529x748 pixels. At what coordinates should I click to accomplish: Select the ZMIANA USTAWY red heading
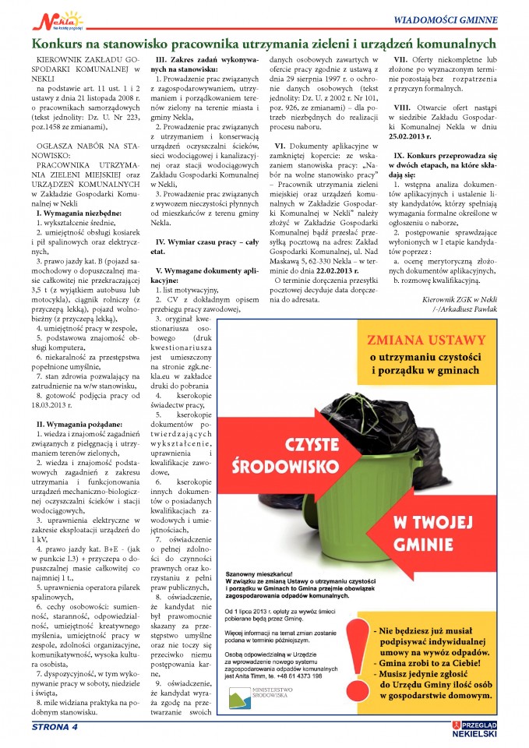tap(424, 340)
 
